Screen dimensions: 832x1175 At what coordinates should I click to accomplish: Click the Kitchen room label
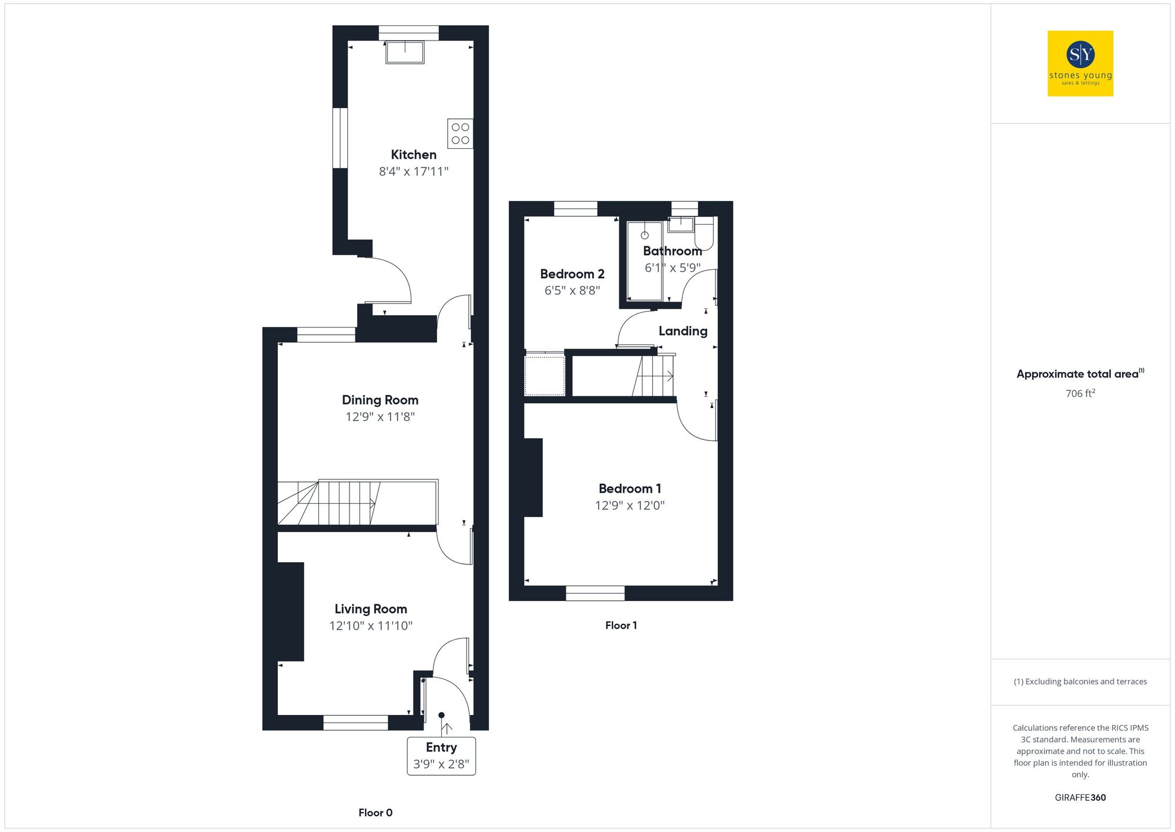click(x=414, y=155)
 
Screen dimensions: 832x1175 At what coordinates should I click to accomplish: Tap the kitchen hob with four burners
click(x=460, y=133)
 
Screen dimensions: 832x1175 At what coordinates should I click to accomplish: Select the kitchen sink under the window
click(x=405, y=52)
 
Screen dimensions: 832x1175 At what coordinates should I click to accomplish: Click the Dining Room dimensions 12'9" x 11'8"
click(x=380, y=417)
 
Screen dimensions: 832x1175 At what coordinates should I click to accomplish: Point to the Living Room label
click(x=371, y=609)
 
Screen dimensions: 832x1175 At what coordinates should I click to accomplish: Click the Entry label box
click(x=441, y=756)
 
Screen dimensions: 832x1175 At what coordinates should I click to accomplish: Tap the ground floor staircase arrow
click(x=371, y=503)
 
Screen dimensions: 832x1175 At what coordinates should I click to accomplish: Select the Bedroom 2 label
click(x=572, y=274)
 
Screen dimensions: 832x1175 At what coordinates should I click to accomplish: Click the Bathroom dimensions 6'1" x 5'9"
click(x=672, y=268)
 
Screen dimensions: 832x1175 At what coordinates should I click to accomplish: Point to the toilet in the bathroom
click(x=704, y=234)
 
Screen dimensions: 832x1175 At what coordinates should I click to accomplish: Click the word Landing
click(x=683, y=331)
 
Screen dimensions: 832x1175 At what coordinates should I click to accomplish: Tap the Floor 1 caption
click(x=621, y=626)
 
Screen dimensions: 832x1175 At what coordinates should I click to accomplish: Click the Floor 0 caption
click(x=375, y=813)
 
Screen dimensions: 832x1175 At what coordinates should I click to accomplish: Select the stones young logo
click(x=1080, y=64)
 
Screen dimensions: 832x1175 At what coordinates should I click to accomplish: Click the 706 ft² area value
click(x=1080, y=393)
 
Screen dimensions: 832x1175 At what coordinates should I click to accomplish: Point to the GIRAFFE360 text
click(x=1080, y=798)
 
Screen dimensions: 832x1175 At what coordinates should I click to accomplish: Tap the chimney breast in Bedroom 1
click(x=533, y=477)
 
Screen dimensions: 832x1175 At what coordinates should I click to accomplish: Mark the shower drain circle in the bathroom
click(x=644, y=235)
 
